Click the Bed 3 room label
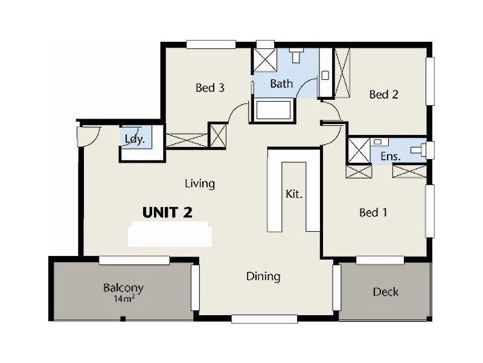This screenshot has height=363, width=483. [210, 88]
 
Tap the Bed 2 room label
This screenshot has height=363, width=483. [384, 94]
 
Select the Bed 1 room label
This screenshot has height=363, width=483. [373, 212]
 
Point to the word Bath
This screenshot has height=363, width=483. [281, 83]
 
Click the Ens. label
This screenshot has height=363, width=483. [389, 156]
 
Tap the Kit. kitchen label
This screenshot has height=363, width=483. [293, 195]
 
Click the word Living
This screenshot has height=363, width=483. [200, 183]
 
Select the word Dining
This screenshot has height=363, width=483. [263, 276]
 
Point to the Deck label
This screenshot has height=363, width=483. [385, 292]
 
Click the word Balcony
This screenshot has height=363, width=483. [123, 288]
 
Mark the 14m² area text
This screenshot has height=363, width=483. [123, 299]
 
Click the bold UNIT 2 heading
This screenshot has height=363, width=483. [167, 212]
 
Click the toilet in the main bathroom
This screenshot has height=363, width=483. [295, 56]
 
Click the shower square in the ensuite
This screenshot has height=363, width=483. [359, 149]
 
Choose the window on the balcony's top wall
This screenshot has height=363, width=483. [134, 260]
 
